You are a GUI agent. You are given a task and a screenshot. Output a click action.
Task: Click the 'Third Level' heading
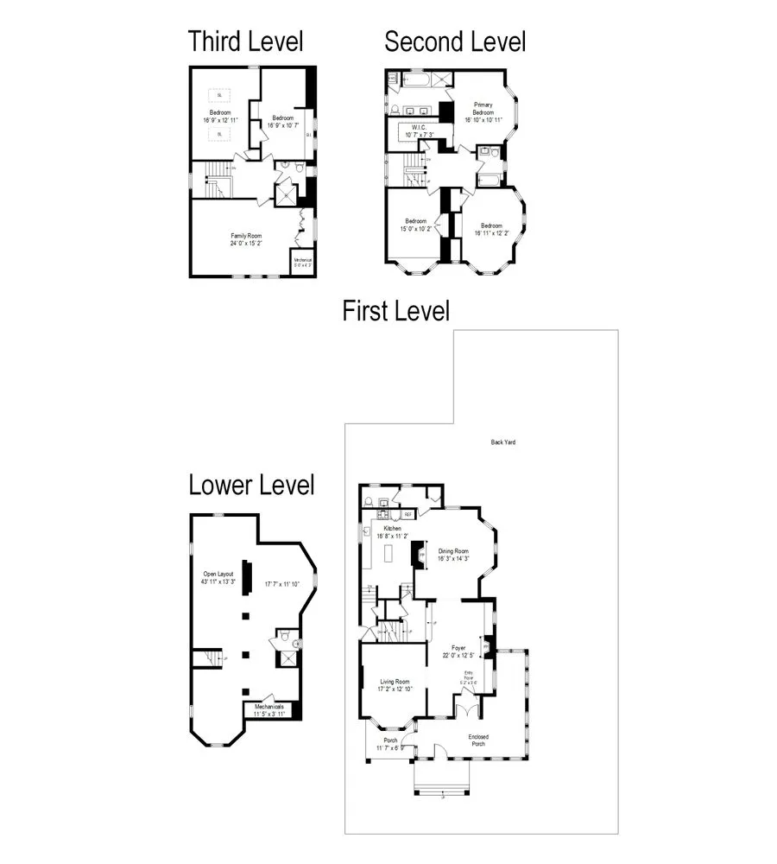pos(246,41)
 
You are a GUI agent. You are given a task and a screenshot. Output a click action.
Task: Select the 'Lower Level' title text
pos(251,486)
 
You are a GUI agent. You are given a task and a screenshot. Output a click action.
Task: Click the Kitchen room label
pos(392,528)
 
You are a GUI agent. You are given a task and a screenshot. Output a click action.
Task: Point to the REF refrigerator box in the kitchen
pos(408,514)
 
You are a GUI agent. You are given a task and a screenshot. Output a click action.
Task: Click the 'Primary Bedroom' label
pos(483,109)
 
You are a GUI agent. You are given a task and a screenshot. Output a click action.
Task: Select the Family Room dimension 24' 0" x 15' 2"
pos(246,243)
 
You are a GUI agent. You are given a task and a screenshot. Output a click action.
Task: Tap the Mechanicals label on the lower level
pos(269,707)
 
